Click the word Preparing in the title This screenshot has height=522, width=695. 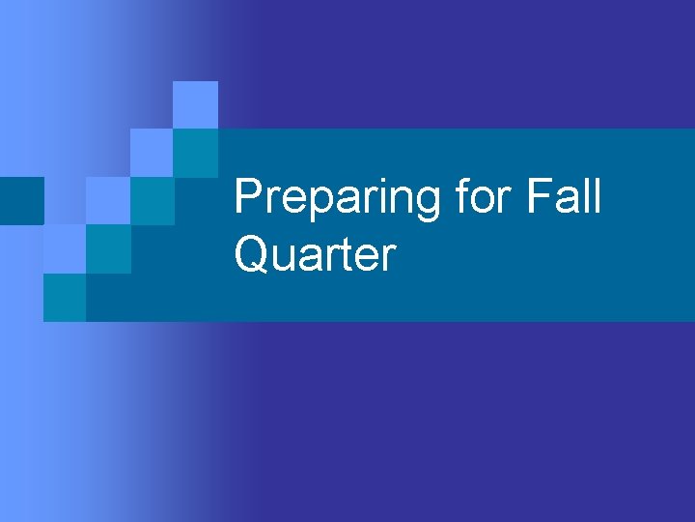(x=339, y=197)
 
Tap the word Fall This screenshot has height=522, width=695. (x=566, y=197)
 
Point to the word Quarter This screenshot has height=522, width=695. (x=315, y=255)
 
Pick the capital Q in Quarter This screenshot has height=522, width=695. (x=253, y=255)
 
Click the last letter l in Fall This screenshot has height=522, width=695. (x=596, y=197)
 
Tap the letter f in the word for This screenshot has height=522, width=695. (x=463, y=197)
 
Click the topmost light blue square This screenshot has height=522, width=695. (x=195, y=104)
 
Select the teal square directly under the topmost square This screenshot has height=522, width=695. (x=195, y=153)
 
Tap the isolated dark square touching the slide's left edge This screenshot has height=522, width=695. (x=21, y=201)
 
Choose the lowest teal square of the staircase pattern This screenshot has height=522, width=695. (x=64, y=298)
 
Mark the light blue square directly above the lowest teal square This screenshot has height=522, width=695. (x=64, y=249)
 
